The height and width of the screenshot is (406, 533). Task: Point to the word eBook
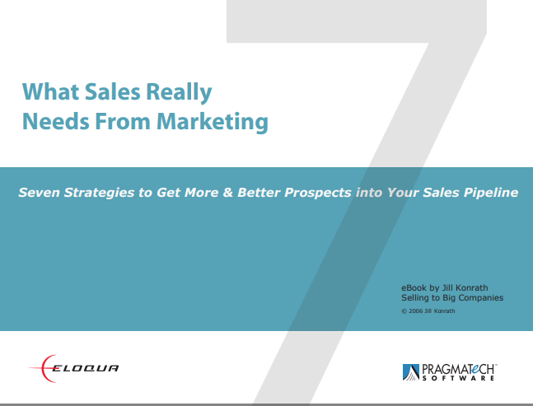pyautogui.click(x=414, y=287)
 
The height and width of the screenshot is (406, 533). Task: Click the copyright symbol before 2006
pyautogui.click(x=404, y=311)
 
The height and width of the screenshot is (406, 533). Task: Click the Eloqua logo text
pyautogui.click(x=86, y=367)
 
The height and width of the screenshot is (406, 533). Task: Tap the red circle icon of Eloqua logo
pyautogui.click(x=41, y=367)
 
